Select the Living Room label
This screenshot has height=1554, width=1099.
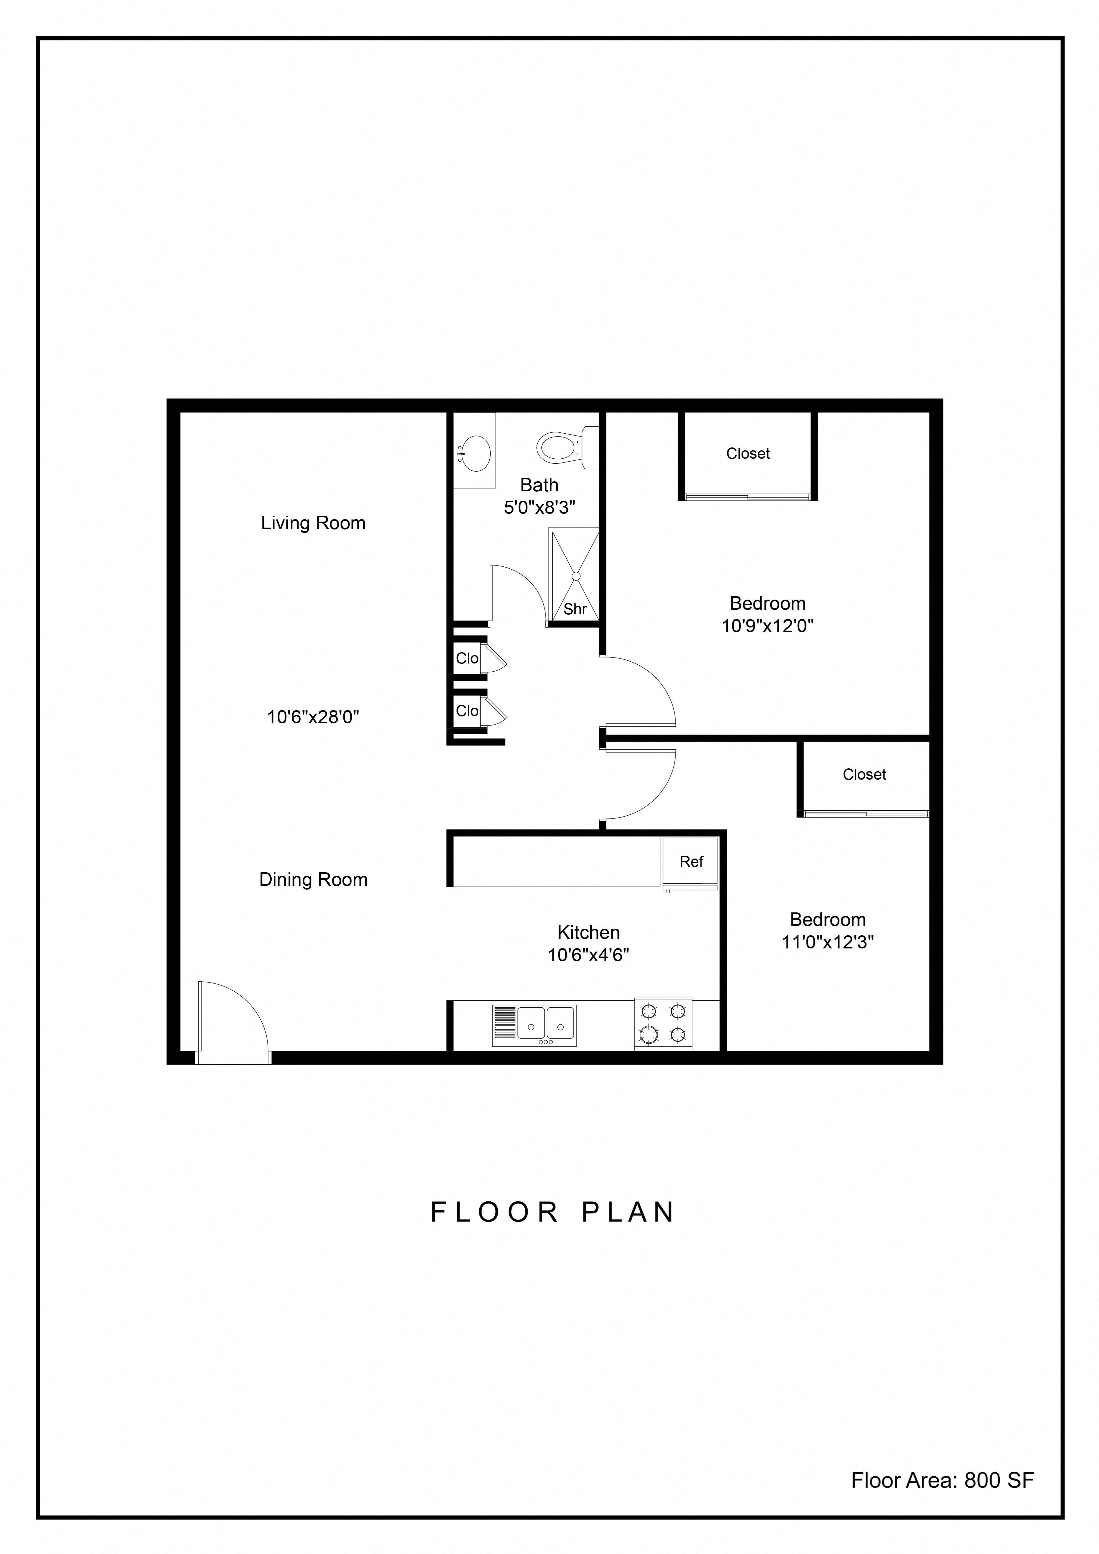coord(313,523)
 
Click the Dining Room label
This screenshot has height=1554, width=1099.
coord(313,880)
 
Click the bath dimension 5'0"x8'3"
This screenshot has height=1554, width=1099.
coord(539,508)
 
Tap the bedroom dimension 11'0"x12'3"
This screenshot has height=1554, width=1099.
coord(827,942)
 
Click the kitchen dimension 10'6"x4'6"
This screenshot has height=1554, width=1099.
coord(588,955)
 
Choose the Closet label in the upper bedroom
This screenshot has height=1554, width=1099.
coord(747,453)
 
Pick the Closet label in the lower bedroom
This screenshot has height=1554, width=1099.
coord(864,774)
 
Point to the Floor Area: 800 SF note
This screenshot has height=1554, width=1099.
coord(942,1480)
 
